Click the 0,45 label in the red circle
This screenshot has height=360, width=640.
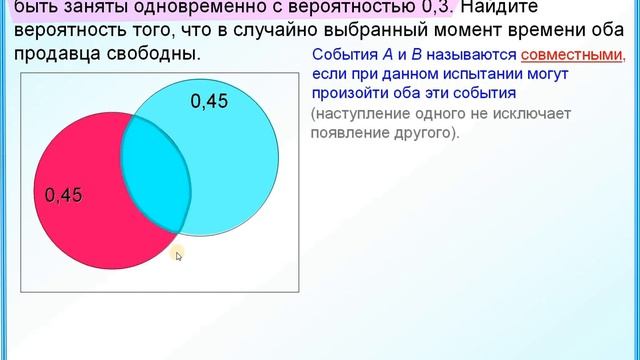63,195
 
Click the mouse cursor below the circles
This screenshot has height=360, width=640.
178,256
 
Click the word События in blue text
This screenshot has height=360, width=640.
340,57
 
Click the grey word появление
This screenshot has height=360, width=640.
350,133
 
